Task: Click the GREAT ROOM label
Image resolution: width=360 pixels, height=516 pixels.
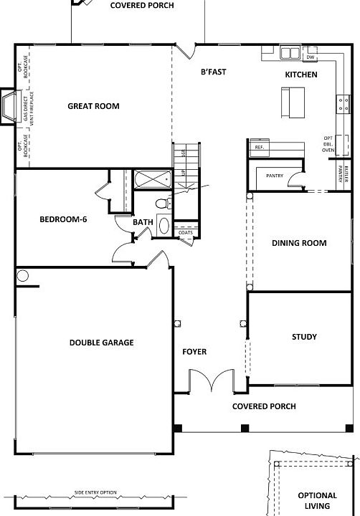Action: [93, 106]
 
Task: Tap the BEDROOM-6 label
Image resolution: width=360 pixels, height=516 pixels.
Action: [63, 219]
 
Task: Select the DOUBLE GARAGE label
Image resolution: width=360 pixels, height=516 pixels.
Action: [101, 343]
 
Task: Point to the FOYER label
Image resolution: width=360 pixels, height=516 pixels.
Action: [194, 352]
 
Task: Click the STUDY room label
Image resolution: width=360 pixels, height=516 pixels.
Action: [304, 337]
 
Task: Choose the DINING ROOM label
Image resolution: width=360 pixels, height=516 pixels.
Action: [299, 243]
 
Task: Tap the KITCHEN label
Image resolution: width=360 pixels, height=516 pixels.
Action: [301, 75]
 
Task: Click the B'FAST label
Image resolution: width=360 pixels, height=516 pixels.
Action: [213, 72]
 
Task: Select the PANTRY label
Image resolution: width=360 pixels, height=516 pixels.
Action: [275, 175]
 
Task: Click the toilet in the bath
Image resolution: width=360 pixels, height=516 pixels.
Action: [162, 204]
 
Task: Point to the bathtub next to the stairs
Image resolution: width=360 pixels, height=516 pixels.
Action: [151, 180]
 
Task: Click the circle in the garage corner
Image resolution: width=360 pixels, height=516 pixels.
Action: [23, 275]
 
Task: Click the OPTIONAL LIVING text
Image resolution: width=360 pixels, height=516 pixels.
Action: [317, 501]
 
